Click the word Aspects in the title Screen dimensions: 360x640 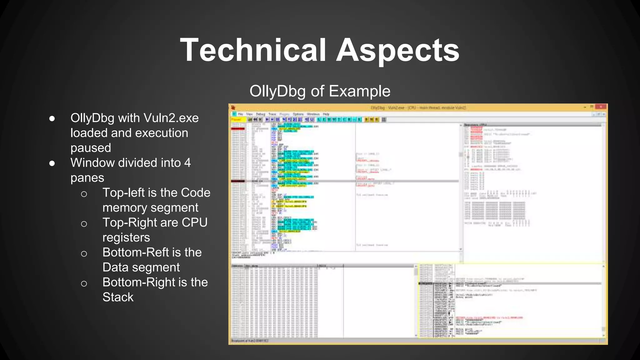point(397,50)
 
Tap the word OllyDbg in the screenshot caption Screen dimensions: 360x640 point(277,91)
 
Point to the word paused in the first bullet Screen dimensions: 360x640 point(91,148)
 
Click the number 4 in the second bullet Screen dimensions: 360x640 point(187,163)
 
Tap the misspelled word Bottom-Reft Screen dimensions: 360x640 point(135,252)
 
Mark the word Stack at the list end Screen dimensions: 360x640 point(118,297)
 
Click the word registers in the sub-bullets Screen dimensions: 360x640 point(126,237)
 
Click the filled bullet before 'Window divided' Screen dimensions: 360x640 point(52,163)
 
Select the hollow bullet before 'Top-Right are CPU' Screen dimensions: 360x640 point(84,224)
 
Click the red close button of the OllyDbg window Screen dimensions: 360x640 point(600,107)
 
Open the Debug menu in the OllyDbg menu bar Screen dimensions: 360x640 point(260,114)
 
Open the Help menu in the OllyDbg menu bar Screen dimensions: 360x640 point(326,114)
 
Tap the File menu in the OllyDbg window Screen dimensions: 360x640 point(241,114)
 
